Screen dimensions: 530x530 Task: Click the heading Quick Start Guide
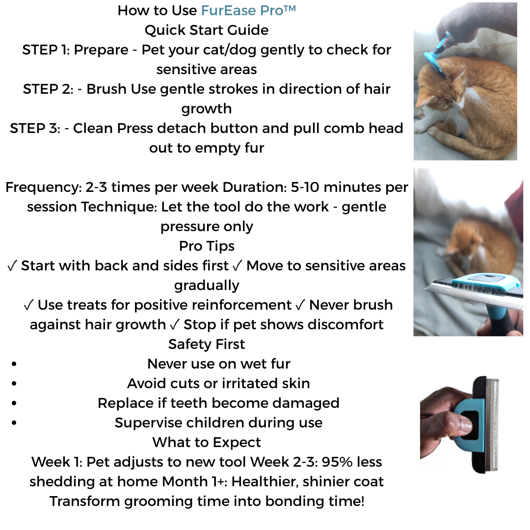tap(207, 30)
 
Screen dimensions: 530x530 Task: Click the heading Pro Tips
tap(207, 246)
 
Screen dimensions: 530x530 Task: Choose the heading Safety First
tap(207, 344)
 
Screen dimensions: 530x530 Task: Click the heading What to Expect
tap(207, 442)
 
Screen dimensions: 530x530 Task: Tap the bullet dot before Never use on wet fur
tap(13, 364)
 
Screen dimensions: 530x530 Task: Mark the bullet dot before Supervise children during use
tap(13, 423)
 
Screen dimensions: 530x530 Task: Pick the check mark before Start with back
tap(13, 265)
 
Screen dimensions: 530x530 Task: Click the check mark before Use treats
tap(29, 305)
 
